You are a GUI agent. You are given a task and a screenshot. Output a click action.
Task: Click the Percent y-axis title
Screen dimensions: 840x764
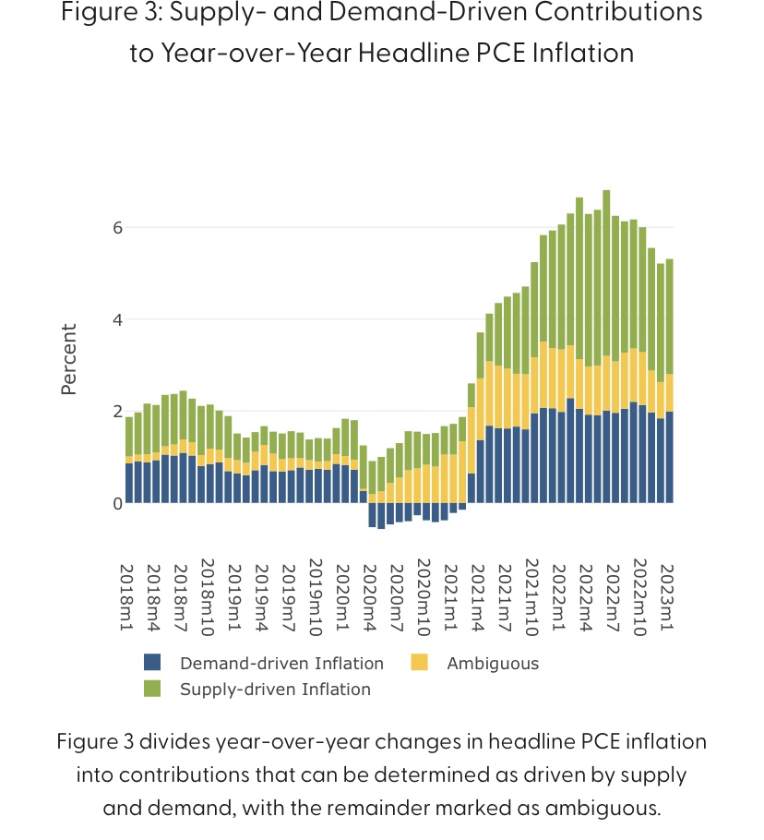coord(68,360)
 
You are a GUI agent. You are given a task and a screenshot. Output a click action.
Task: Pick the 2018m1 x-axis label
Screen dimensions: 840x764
coord(128,596)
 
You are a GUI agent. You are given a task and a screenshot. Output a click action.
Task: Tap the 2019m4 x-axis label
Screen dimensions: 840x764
coord(261,596)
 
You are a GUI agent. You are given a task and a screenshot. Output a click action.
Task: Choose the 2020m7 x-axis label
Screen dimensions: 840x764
coord(395,596)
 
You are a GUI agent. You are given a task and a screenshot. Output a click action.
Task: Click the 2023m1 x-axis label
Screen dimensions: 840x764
coord(663,596)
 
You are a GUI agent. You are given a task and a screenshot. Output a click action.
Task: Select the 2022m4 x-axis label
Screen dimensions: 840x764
coord(583,596)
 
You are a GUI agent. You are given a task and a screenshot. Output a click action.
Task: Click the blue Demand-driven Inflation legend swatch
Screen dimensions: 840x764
coord(153,663)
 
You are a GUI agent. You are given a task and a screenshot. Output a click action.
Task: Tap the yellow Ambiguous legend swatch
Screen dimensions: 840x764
coord(420,663)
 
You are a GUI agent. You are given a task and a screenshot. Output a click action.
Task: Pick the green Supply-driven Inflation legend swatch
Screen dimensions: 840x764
coord(153,689)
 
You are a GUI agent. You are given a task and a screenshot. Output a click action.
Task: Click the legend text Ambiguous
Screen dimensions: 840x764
coord(493,663)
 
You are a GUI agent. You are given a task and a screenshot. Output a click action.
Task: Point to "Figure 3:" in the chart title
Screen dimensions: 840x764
coord(103,14)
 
